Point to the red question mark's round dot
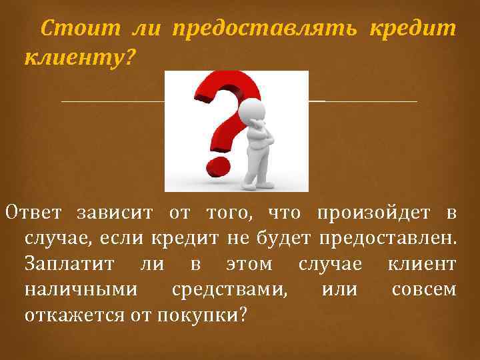(x=216, y=164)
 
